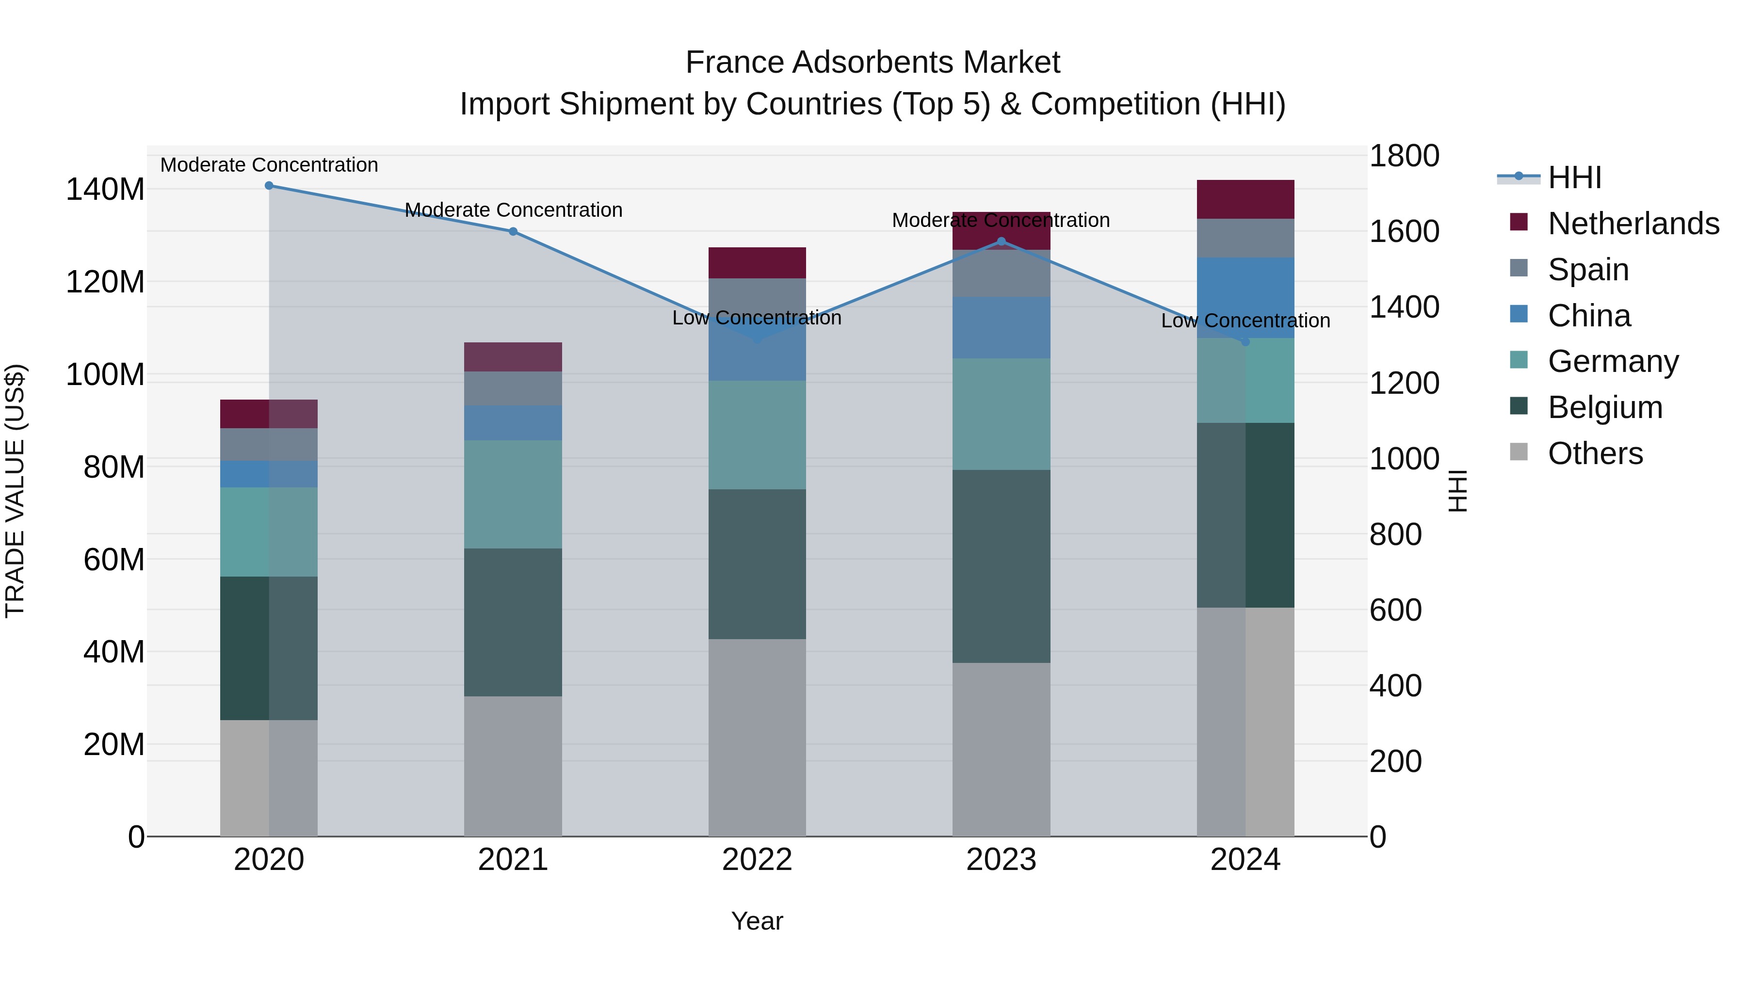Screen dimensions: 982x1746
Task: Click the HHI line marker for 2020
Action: pos(269,186)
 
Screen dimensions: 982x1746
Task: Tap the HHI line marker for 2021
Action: pos(513,232)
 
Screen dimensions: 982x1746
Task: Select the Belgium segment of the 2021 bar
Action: pos(513,622)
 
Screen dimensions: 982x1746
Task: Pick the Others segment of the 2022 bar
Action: pos(757,737)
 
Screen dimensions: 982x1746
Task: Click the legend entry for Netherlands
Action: pos(1633,224)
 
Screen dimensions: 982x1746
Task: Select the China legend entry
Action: pos(1589,316)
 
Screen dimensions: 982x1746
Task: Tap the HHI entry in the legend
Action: pos(1574,177)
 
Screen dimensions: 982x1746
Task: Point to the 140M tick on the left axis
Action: pos(105,189)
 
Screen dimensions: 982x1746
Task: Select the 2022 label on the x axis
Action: pos(757,860)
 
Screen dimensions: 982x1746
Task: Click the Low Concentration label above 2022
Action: pos(757,318)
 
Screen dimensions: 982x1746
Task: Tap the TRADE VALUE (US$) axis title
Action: pos(15,491)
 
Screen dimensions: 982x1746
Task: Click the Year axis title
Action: pos(757,921)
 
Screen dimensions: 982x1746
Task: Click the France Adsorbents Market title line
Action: pos(873,63)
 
